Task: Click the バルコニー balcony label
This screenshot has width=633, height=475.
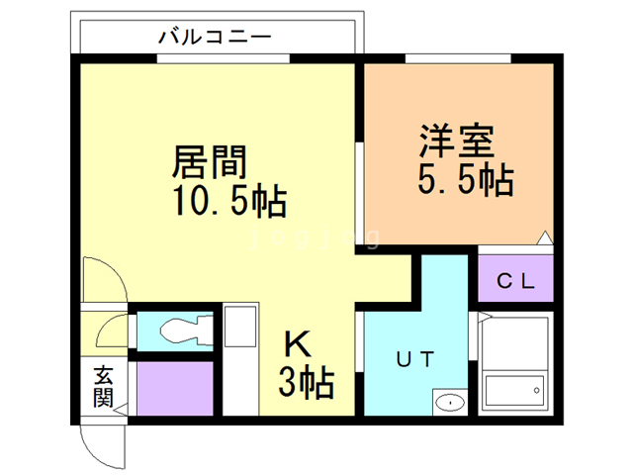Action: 215,38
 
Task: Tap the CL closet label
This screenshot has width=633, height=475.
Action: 514,281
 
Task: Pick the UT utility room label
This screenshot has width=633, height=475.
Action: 414,359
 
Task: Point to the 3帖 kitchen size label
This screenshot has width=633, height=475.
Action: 306,381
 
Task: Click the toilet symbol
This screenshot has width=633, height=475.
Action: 179,329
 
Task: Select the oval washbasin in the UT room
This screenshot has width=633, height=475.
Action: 449,402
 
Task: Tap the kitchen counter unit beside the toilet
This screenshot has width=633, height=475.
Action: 238,360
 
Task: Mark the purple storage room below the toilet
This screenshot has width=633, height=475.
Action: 175,389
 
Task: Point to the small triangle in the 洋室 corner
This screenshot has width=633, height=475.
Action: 543,237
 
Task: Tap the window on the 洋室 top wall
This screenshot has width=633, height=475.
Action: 457,62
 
